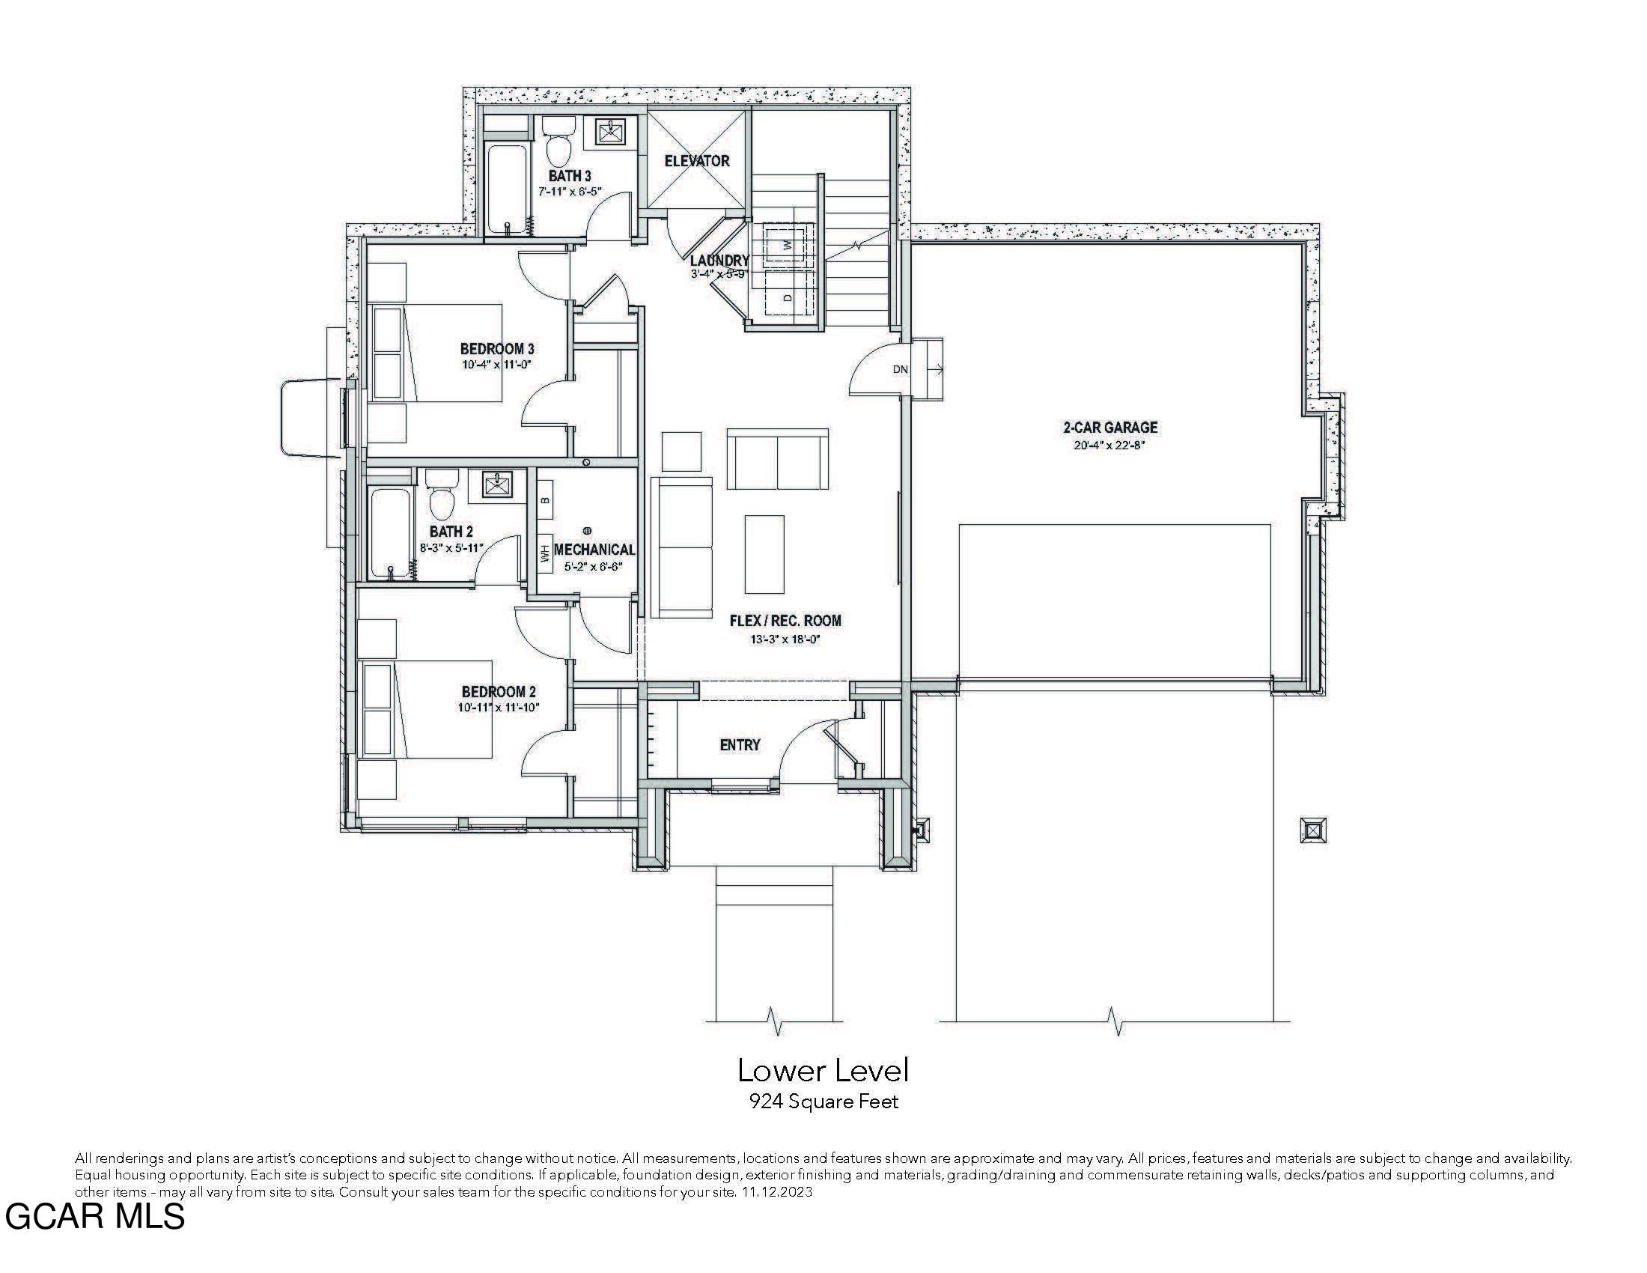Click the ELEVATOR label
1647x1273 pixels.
click(x=697, y=161)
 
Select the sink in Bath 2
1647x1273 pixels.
click(x=496, y=485)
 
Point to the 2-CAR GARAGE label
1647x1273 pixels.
click(x=1110, y=428)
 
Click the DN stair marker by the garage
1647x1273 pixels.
click(x=901, y=369)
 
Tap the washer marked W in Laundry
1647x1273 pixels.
click(x=787, y=244)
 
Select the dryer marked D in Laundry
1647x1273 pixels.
click(x=788, y=297)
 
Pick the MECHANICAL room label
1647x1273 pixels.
click(x=594, y=550)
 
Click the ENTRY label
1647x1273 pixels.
click(x=740, y=745)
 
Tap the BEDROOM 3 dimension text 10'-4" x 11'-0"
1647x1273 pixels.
click(x=497, y=364)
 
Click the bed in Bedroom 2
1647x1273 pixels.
click(x=427, y=709)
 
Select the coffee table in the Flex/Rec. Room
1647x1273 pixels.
click(x=764, y=554)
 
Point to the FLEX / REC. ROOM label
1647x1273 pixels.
click(x=785, y=621)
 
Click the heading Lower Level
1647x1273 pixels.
click(x=823, y=1071)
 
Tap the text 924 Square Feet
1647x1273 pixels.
click(x=823, y=1102)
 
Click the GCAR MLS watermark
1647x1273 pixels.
click(x=94, y=1216)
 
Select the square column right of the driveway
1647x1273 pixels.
click(x=1313, y=830)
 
